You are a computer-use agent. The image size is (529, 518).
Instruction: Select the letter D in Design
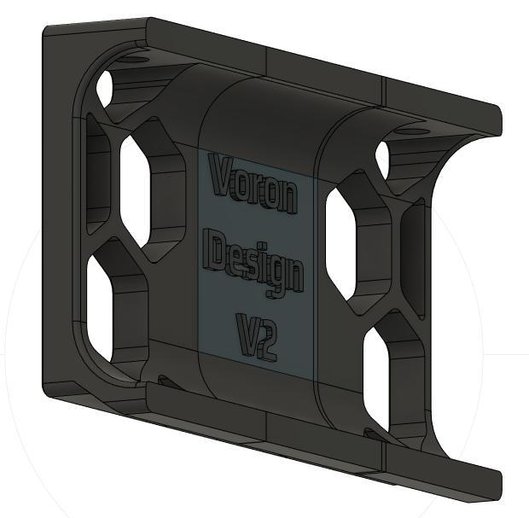(219, 253)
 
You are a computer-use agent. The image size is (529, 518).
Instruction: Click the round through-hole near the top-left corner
(107, 87)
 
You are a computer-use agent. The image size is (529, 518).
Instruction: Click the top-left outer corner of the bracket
(48, 29)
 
